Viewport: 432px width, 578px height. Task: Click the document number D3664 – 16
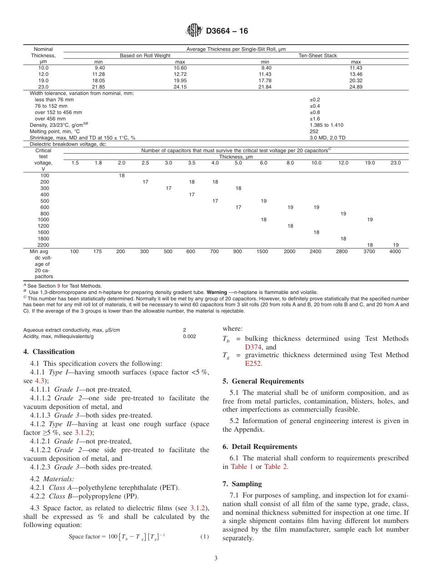pos(227,31)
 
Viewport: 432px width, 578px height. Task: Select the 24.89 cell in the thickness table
pos(356,87)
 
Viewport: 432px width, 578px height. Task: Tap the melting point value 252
pos(314,131)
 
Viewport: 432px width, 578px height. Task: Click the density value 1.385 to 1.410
pos(326,125)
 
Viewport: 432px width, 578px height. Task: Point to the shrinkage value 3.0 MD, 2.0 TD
pos(327,138)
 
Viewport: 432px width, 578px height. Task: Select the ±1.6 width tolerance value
pos(315,119)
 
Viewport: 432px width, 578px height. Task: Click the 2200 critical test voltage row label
pos(45,245)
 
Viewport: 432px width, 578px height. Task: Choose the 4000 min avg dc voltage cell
pos(395,251)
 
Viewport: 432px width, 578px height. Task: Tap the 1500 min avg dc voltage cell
pos(262,251)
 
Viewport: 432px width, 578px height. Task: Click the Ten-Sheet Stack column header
pos(317,55)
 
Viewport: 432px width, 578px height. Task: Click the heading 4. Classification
pos(49,352)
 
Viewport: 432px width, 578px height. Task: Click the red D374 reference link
pos(253,347)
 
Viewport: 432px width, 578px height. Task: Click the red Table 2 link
pos(276,467)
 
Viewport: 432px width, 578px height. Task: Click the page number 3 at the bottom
pos(216,558)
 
